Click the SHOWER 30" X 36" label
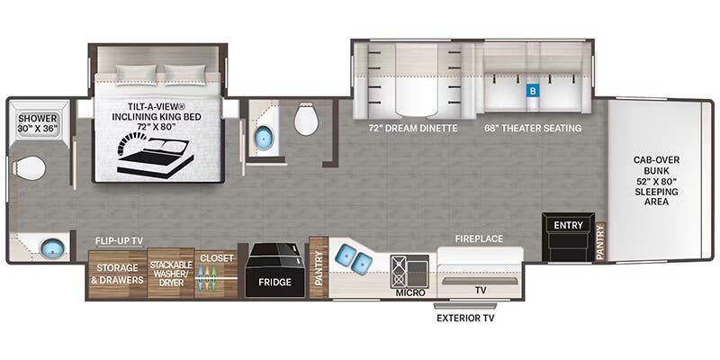click(38, 123)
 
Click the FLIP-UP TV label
click(119, 240)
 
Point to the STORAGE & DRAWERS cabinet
click(117, 274)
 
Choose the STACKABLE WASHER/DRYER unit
click(170, 274)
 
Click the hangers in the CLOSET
click(208, 278)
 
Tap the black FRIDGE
click(274, 271)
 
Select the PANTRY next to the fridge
click(318, 267)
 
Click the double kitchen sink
click(355, 257)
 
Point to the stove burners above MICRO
click(397, 272)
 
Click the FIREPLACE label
click(479, 238)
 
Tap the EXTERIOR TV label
click(465, 318)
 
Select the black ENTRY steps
click(568, 237)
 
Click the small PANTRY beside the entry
click(600, 242)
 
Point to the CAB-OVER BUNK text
click(656, 166)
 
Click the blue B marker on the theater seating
click(533, 92)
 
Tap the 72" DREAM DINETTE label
click(412, 129)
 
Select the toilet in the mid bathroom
click(306, 119)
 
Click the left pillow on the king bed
click(136, 74)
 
